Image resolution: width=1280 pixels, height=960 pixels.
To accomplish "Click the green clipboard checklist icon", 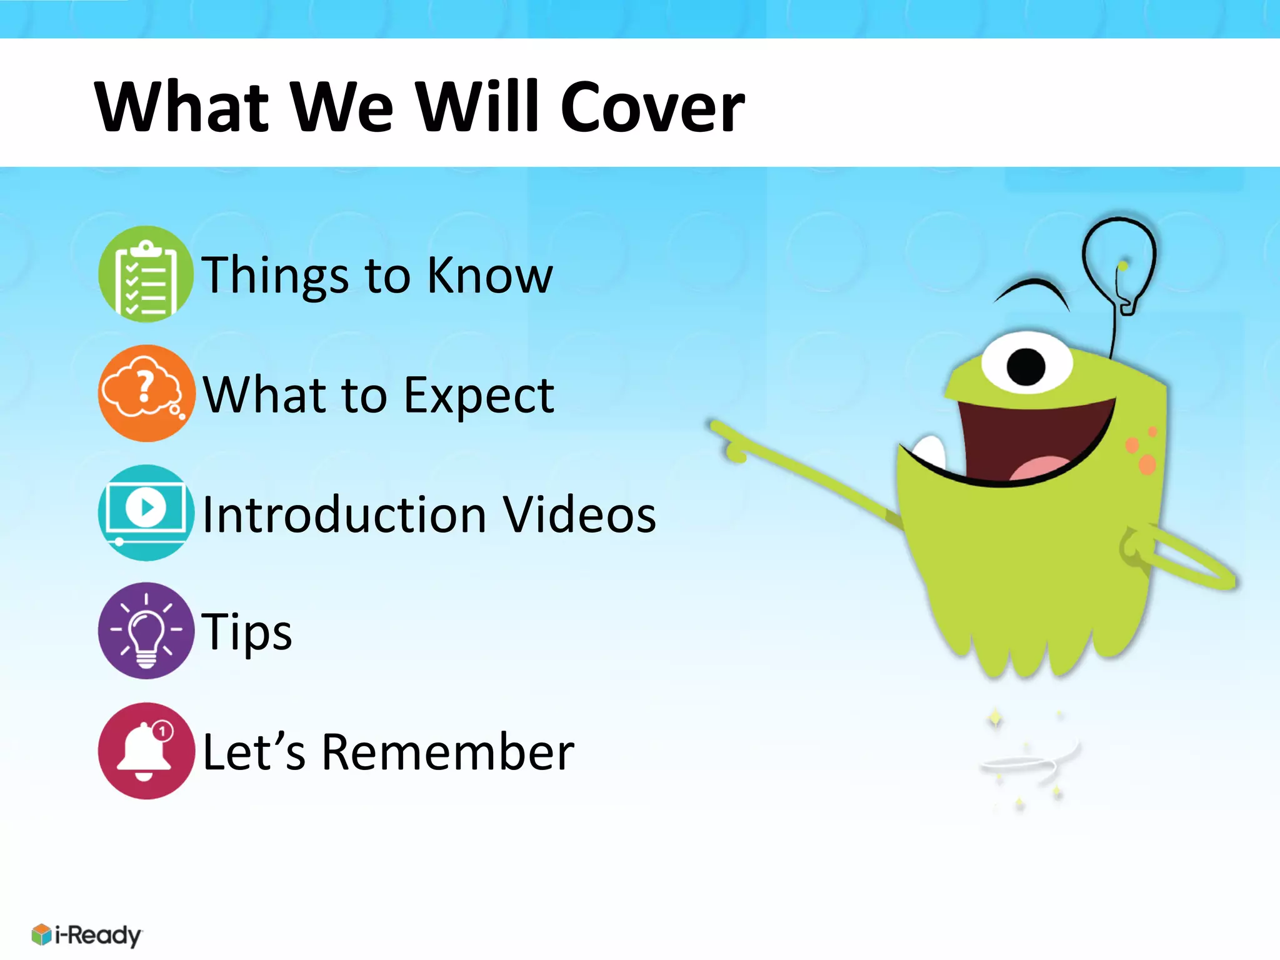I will pyautogui.click(x=146, y=274).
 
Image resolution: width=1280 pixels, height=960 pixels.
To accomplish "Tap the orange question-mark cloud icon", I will pyautogui.click(x=146, y=393).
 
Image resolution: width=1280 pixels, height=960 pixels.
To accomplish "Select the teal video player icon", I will pyautogui.click(x=146, y=512).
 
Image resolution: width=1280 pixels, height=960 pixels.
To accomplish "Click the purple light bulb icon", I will pyautogui.click(x=146, y=631).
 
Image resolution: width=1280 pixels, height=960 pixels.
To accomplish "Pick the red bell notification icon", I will pyautogui.click(x=146, y=751).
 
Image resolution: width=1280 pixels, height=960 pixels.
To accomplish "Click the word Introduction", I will pyautogui.click(x=344, y=514).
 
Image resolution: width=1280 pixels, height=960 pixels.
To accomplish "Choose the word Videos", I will pyautogui.click(x=579, y=514).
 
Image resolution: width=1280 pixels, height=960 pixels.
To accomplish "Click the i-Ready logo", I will pyautogui.click(x=87, y=935).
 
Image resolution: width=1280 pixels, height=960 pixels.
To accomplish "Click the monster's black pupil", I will pyautogui.click(x=1026, y=367).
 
